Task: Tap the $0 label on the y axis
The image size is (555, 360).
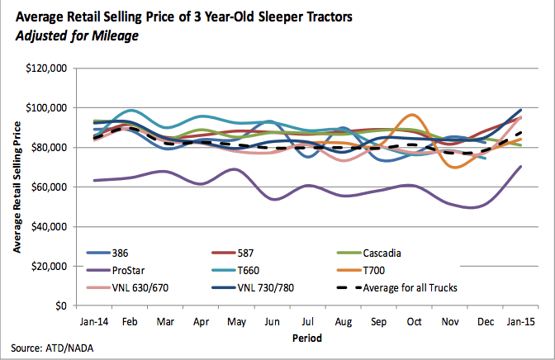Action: [x=59, y=306]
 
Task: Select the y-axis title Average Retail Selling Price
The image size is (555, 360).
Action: [x=16, y=187]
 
